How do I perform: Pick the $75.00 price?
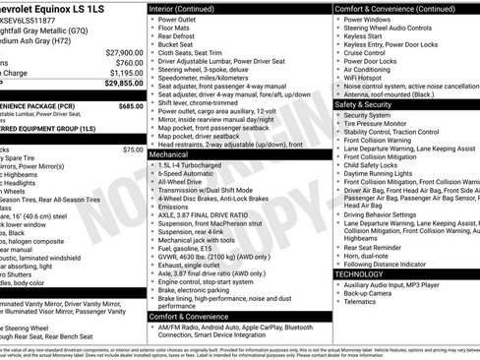(133, 150)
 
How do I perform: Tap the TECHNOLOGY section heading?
(368, 274)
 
